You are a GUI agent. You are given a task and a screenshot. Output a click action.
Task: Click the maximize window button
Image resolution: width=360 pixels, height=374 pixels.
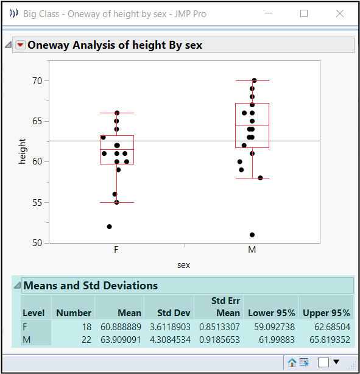[304, 13]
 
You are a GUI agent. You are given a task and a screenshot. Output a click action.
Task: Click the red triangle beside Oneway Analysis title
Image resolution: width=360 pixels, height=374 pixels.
[20, 45]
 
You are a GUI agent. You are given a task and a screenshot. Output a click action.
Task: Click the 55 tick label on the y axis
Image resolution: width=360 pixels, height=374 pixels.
[37, 202]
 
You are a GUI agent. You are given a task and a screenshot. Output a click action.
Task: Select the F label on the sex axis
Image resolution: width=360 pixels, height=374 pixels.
[116, 250]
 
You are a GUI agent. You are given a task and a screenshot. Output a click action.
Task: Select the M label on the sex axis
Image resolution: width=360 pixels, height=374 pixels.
[252, 250]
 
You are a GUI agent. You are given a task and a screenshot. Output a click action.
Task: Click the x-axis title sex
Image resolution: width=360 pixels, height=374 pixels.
[184, 265]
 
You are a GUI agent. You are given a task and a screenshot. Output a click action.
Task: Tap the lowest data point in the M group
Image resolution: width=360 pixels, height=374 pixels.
[252, 235]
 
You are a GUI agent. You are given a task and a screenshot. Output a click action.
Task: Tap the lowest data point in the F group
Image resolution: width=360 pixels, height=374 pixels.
[110, 227]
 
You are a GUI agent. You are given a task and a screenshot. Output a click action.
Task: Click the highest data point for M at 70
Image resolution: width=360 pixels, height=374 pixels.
[255, 80]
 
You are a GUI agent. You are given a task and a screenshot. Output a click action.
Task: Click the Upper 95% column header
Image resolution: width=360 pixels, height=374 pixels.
[326, 313]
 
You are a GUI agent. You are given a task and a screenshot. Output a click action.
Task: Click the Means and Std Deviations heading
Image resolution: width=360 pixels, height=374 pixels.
[91, 286]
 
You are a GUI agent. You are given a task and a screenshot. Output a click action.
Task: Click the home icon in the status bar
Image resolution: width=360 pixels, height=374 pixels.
[292, 362]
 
